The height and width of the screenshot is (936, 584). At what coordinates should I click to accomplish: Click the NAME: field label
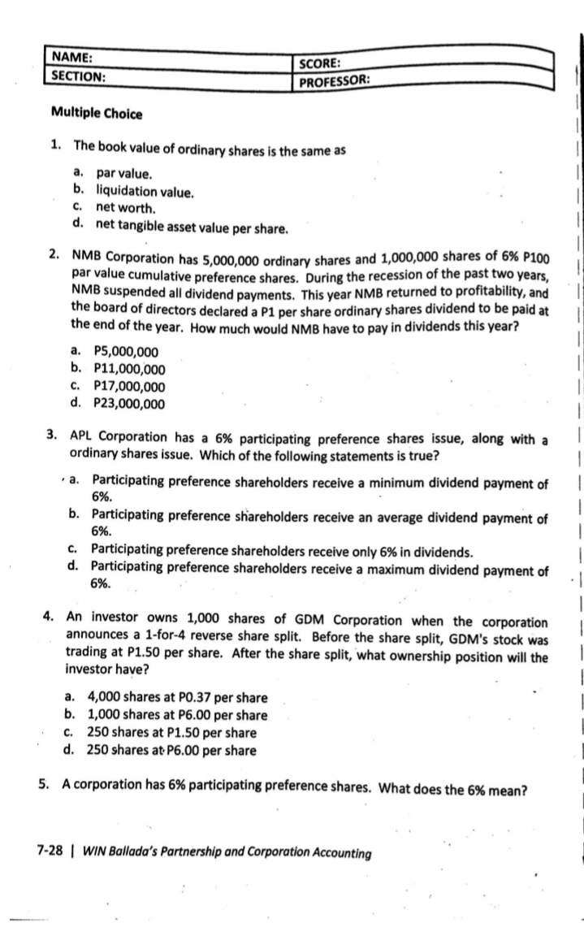coord(72,58)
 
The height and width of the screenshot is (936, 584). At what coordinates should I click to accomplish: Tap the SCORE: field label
coord(320,64)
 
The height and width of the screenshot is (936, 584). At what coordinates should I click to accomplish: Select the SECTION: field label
coord(78,75)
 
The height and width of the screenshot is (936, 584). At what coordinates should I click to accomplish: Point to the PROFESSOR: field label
coord(335,81)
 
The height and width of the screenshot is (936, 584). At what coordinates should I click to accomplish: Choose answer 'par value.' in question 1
coord(123,173)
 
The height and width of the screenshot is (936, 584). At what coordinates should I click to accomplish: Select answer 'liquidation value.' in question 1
coord(145,192)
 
